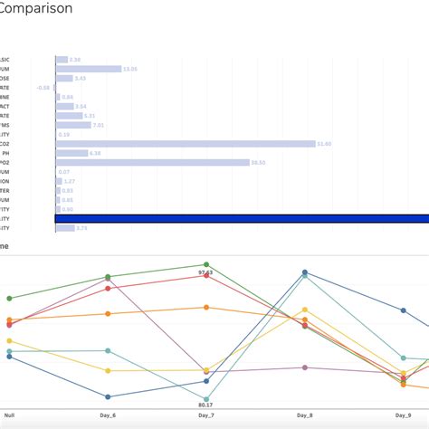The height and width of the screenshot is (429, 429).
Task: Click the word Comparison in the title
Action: click(x=37, y=8)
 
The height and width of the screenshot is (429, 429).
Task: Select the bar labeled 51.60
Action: click(x=186, y=144)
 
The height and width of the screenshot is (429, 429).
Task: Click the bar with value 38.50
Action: click(x=152, y=163)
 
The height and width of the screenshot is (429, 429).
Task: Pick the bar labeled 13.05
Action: click(x=89, y=69)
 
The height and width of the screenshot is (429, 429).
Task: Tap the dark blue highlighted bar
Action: click(x=242, y=218)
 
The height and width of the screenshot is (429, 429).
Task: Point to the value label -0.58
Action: click(x=43, y=88)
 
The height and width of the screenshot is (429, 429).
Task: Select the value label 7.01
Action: click(x=99, y=125)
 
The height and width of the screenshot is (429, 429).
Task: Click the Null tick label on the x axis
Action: click(x=9, y=415)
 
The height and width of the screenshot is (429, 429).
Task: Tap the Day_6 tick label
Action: click(x=108, y=415)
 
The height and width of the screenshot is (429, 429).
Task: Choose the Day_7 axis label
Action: click(x=206, y=415)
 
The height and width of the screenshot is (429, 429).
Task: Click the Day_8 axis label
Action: click(x=305, y=415)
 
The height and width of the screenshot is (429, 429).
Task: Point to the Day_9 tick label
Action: click(x=403, y=415)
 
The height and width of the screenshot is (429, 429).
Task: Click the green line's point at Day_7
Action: click(x=206, y=264)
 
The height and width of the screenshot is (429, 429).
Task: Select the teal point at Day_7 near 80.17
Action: click(x=206, y=399)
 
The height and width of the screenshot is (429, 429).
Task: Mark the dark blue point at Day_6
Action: click(x=108, y=396)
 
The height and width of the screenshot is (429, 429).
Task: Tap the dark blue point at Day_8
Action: click(x=305, y=272)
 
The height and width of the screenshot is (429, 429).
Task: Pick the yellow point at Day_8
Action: click(x=305, y=310)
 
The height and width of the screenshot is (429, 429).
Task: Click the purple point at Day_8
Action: click(x=305, y=367)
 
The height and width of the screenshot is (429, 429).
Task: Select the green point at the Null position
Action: click(x=9, y=298)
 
